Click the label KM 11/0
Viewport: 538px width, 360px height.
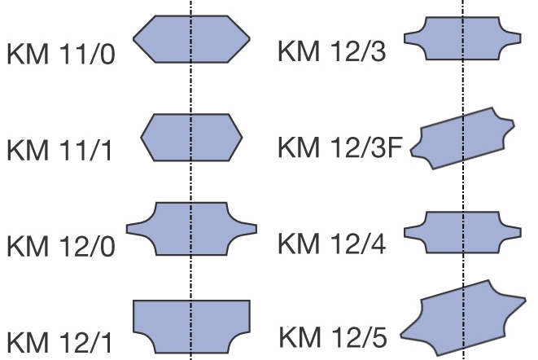pos(61,54)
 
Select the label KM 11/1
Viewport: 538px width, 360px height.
pos(59,150)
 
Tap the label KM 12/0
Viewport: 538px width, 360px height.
pos(61,246)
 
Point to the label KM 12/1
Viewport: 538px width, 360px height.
pos(59,342)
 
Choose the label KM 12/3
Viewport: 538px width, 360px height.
pos(332,51)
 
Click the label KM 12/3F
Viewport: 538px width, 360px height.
pos(340,147)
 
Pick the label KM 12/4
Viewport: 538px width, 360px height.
pos(332,244)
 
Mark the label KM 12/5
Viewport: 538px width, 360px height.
pos(333,337)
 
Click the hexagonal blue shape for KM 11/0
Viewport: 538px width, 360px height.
pos(191,39)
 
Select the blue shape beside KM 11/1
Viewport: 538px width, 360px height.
pos(191,138)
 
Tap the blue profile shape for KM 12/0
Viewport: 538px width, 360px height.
pos(191,229)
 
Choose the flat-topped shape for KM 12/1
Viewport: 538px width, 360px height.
pos(191,327)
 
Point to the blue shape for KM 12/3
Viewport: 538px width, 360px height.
pos(463,38)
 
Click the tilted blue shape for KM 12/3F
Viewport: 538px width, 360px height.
pos(463,138)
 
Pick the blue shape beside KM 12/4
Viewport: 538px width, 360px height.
pos(463,233)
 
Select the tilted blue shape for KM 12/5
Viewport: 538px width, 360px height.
pos(463,318)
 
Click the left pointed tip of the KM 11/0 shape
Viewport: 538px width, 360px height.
pos(133,39)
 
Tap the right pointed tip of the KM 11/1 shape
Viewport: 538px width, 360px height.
pos(243,138)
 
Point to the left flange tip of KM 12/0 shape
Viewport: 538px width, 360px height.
pos(127,229)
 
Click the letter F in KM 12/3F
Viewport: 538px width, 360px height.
pos(396,147)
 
